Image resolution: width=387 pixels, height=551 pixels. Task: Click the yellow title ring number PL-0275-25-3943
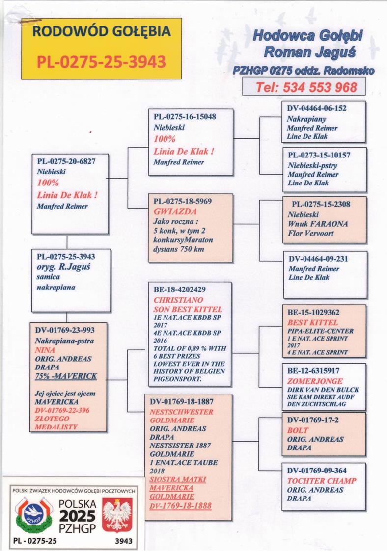point(101,62)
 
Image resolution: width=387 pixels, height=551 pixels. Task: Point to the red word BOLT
point(298,430)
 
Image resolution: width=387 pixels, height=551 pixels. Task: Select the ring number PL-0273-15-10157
point(319,155)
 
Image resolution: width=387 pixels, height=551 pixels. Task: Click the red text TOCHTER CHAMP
point(321,481)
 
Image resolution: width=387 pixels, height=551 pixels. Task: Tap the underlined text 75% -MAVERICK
point(65,376)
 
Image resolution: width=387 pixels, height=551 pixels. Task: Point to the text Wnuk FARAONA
point(318,224)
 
